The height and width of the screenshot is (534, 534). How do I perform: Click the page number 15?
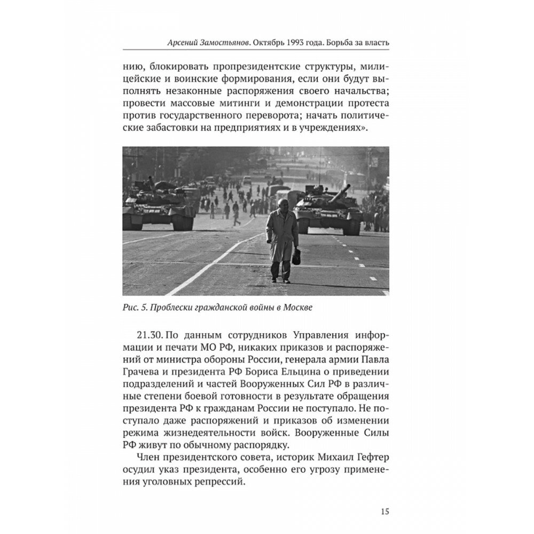point(384,511)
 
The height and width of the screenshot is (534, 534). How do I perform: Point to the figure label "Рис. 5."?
point(134,308)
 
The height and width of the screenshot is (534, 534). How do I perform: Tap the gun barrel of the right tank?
point(340,193)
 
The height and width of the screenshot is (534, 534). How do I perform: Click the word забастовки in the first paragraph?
point(169,130)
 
